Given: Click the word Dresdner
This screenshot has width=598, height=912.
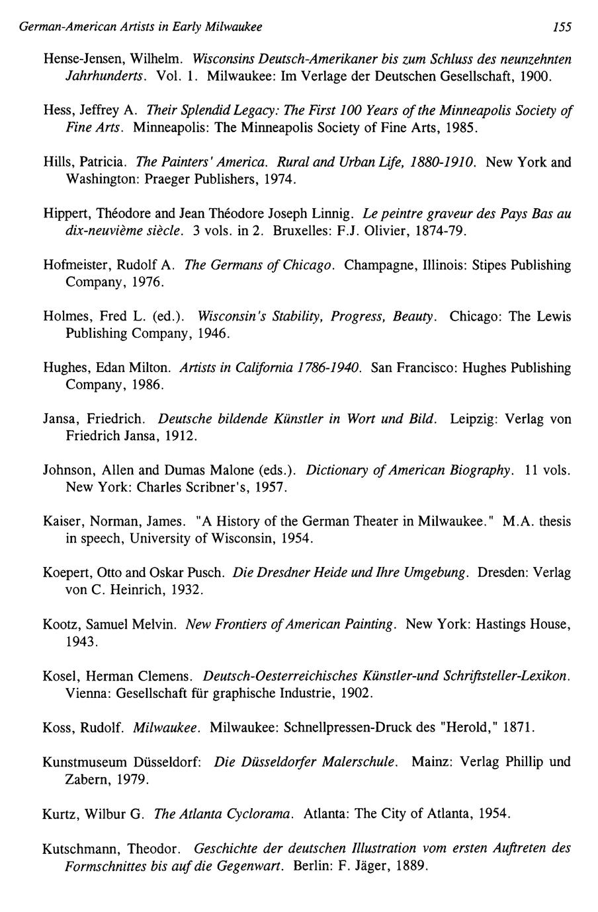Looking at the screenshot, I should pyautogui.click(x=271, y=572).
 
